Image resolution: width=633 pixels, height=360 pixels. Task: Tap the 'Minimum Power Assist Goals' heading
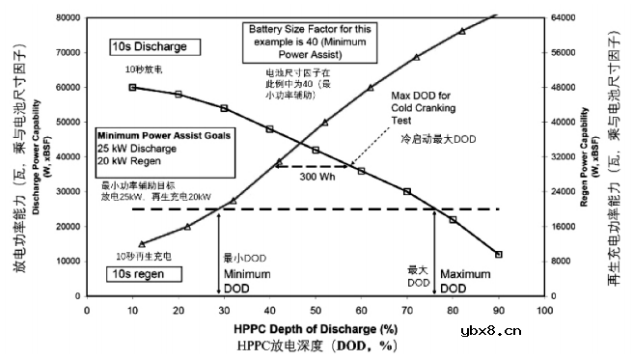tap(164, 137)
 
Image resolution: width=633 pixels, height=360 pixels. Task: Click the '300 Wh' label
tap(317, 177)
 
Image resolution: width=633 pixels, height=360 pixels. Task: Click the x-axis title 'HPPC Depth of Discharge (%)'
tap(315, 325)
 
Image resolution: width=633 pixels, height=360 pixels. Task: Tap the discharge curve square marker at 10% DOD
tap(132, 87)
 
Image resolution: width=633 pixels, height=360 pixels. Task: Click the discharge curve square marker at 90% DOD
tap(498, 254)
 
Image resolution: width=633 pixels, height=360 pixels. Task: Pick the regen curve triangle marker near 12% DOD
tap(141, 244)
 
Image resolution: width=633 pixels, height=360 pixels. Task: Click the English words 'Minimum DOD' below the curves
tap(248, 281)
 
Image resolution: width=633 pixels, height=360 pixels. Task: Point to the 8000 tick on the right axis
tap(564, 261)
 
